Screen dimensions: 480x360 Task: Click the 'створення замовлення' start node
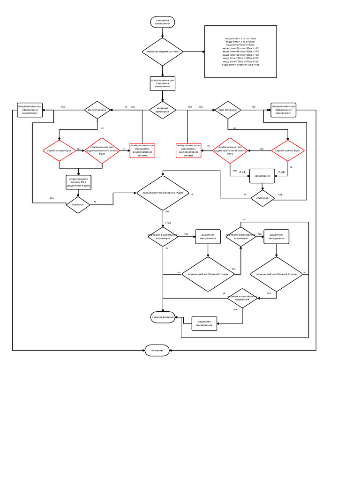163,22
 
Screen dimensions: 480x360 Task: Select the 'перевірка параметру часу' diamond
163,52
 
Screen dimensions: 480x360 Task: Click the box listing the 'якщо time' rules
241,52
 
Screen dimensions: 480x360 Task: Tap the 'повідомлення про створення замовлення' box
163,83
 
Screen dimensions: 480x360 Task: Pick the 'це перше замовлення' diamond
162,110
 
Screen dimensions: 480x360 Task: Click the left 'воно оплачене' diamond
98,110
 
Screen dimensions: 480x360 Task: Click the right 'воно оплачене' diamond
228,110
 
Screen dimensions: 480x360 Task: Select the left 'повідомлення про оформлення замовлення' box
30,110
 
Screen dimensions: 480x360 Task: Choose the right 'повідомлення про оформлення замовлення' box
283,110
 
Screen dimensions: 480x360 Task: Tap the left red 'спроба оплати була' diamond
59,151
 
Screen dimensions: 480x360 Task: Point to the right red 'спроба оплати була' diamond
288,150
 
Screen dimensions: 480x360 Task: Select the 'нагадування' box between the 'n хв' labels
262,176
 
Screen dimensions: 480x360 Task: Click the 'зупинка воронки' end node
163,317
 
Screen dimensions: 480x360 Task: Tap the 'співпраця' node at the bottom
157,350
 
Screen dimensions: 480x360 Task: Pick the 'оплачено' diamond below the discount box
78,205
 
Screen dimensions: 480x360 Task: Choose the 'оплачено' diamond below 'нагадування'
262,198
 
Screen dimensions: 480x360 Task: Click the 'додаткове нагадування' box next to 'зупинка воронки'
204,323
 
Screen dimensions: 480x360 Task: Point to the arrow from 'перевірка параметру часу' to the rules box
193,52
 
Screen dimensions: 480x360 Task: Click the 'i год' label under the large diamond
168,223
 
